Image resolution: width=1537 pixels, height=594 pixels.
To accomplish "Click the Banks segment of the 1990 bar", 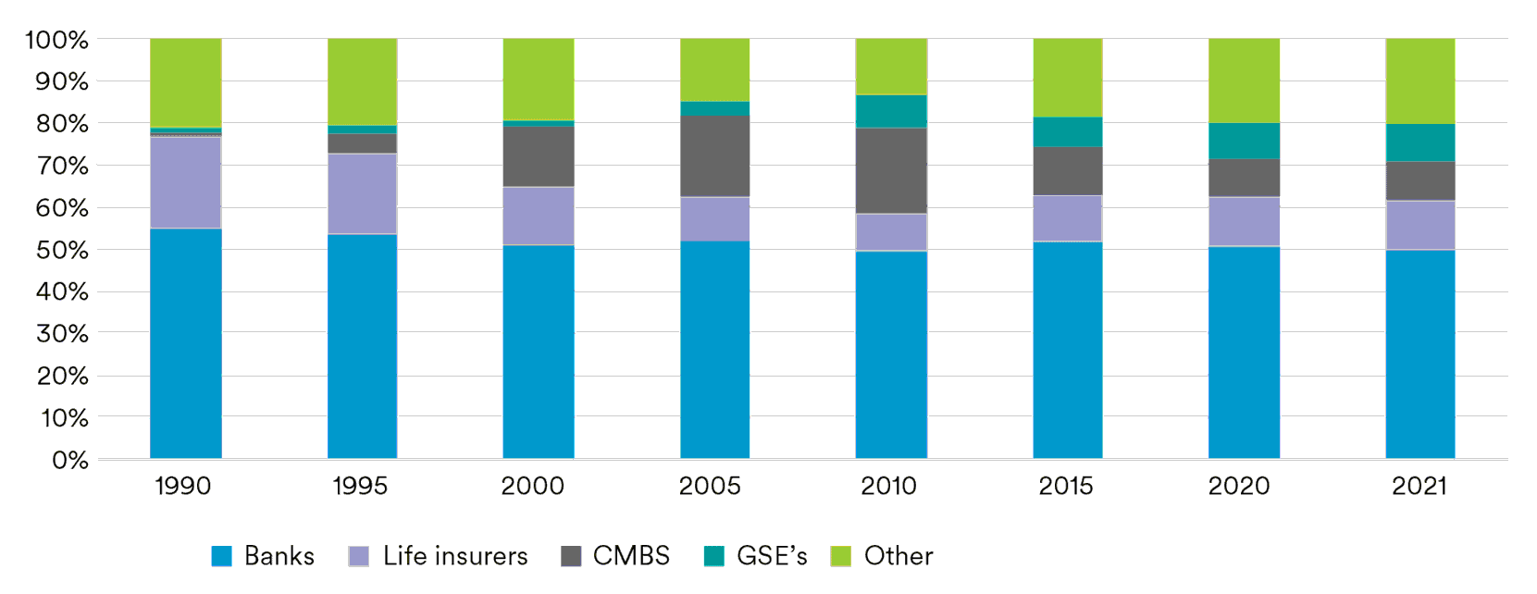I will pyautogui.click(x=185, y=342).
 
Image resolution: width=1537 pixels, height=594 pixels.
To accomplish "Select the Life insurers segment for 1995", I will pyautogui.click(x=362, y=193).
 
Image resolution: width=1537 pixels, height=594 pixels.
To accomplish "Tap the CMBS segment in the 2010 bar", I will pyautogui.click(x=890, y=170).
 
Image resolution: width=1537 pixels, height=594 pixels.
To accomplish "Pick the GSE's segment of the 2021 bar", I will pyautogui.click(x=1419, y=142).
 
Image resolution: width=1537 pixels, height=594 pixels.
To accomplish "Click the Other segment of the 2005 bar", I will pyautogui.click(x=714, y=69).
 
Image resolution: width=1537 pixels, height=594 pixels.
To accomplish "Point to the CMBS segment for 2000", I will pyautogui.click(x=538, y=156).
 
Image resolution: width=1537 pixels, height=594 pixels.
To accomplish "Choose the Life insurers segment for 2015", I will pyautogui.click(x=1067, y=217).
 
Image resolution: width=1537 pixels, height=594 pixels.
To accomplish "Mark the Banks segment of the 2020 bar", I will pyautogui.click(x=1244, y=352).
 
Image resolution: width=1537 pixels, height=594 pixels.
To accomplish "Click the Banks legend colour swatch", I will pyautogui.click(x=221, y=556).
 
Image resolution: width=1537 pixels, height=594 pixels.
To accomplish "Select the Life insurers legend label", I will pyautogui.click(x=455, y=556).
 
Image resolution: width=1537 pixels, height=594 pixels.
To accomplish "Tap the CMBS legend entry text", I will pyautogui.click(x=631, y=556).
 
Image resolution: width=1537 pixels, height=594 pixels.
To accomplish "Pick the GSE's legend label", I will pyautogui.click(x=772, y=556).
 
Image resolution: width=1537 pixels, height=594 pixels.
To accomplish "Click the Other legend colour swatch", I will pyautogui.click(x=840, y=556).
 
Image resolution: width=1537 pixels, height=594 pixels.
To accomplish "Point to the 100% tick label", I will pyautogui.click(x=56, y=40).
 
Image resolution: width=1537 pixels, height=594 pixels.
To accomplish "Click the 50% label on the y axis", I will pyautogui.click(x=62, y=250).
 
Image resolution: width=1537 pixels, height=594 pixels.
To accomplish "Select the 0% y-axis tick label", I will pyautogui.click(x=69, y=460).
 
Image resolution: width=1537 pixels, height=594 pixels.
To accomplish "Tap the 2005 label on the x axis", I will pyautogui.click(x=710, y=486).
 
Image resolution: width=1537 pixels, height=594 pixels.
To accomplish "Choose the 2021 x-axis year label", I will pyautogui.click(x=1419, y=486).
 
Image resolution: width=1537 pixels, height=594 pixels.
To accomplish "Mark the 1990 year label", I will pyautogui.click(x=182, y=486).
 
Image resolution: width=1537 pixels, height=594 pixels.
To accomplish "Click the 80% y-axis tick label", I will pyautogui.click(x=62, y=124).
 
